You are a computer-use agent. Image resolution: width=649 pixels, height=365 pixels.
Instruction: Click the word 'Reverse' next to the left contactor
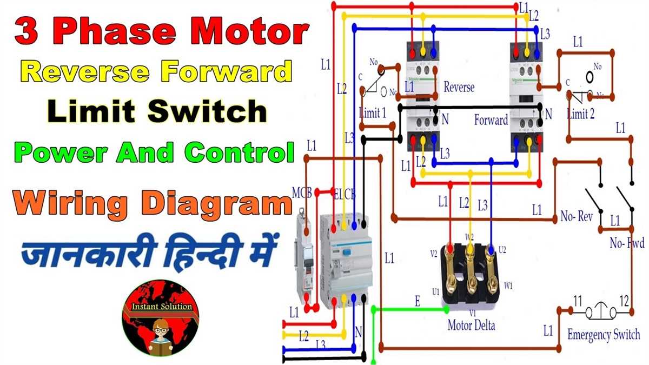(x=459, y=87)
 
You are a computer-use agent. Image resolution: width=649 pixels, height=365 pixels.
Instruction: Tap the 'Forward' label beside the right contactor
(x=491, y=120)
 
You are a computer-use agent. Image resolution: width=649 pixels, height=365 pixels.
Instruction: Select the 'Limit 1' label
(x=372, y=113)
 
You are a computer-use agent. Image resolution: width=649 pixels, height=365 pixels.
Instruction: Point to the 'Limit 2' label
(x=581, y=114)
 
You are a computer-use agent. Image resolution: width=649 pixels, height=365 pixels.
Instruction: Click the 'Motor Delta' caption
(x=471, y=326)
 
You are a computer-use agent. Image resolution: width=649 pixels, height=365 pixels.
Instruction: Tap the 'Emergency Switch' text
(x=603, y=335)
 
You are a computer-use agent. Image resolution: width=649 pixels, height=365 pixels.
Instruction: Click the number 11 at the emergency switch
(x=578, y=300)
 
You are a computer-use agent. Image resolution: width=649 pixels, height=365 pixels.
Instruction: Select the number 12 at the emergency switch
(x=624, y=300)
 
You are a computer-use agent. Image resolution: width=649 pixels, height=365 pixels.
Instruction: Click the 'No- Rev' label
(x=577, y=217)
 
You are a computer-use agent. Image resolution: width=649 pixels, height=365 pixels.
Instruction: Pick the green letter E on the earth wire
(x=417, y=302)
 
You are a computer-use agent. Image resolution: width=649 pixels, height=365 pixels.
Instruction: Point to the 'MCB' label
(x=302, y=194)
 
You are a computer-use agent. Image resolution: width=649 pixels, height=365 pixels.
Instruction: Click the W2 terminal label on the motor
(x=469, y=236)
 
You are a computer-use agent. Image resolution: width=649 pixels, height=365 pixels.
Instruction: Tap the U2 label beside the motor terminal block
(x=502, y=249)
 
